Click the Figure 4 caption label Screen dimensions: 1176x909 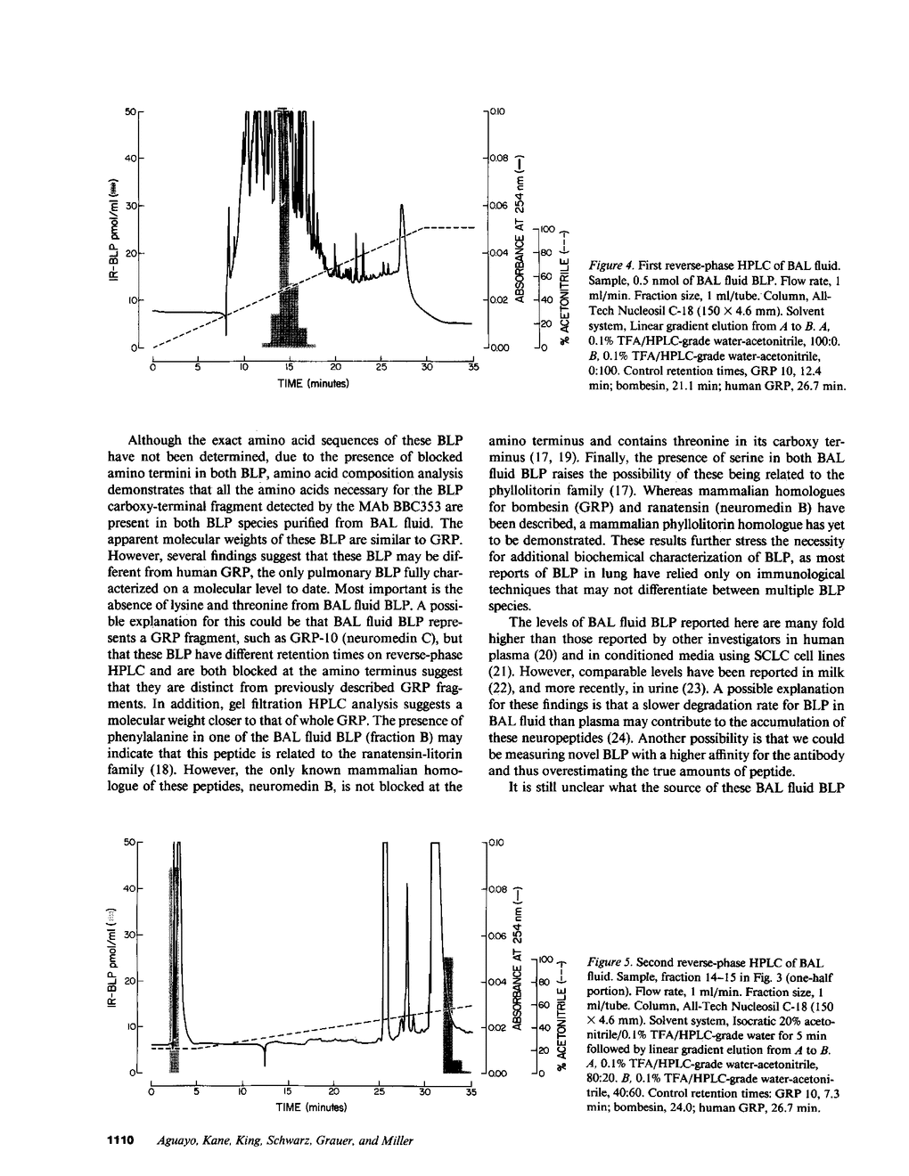[x=608, y=265]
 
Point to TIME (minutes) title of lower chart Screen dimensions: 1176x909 [x=311, y=1107]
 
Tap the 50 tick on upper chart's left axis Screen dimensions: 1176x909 [x=130, y=110]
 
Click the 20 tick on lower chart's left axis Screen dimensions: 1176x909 [x=130, y=981]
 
